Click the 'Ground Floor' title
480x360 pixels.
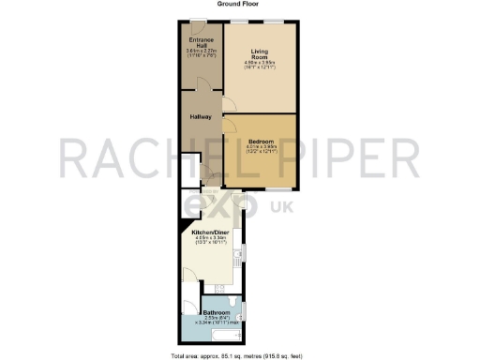[238, 4]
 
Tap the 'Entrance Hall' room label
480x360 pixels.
[201, 44]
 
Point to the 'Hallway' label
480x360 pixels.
[201, 117]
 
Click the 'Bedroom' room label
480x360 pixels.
[261, 141]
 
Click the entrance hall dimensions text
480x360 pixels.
[201, 55]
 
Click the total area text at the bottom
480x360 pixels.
[238, 355]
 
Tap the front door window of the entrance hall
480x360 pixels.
[199, 21]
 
